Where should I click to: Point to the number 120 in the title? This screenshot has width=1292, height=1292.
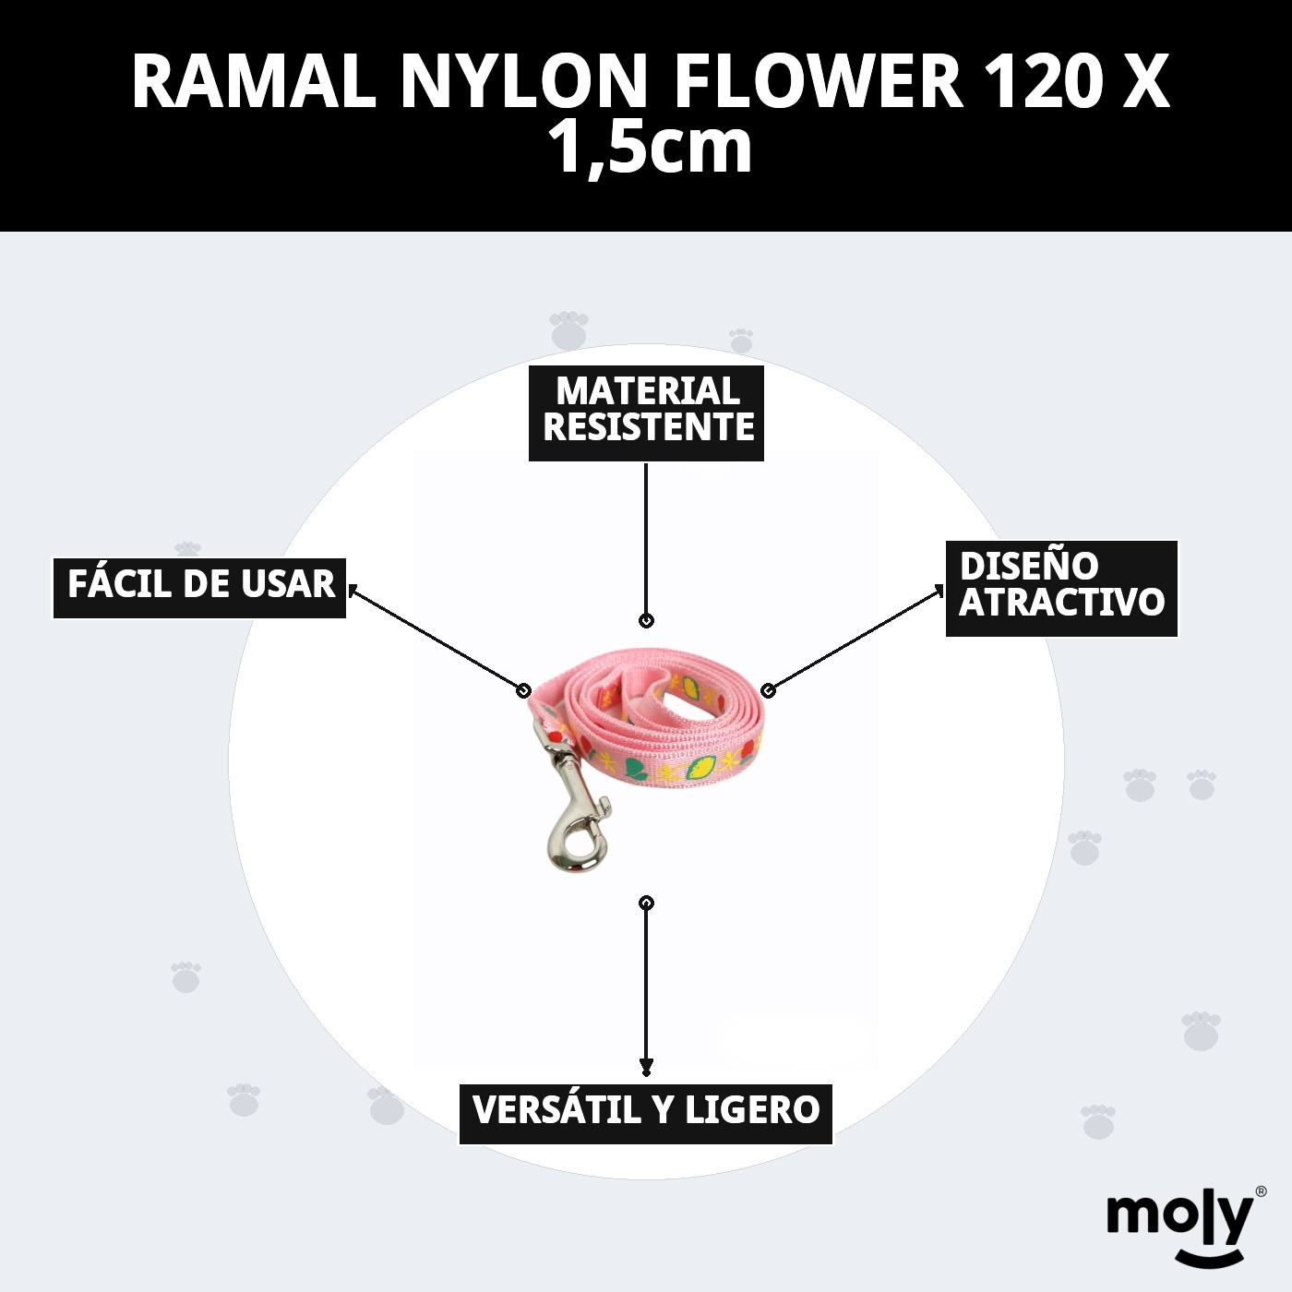[x=1043, y=83]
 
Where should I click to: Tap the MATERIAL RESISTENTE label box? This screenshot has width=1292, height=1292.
[x=646, y=413]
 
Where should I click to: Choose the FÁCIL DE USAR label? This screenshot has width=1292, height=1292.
[x=200, y=587]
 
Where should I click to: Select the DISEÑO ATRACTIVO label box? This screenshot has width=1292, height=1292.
[x=1061, y=588]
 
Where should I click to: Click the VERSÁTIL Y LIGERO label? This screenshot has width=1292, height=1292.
[x=646, y=1113]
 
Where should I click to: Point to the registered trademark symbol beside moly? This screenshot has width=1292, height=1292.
[x=1261, y=1192]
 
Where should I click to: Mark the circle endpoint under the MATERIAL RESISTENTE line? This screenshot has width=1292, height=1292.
[x=646, y=621]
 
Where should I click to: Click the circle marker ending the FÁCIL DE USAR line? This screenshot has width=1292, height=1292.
[x=524, y=690]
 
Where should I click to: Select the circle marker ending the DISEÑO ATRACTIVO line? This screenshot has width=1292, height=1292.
[x=768, y=690]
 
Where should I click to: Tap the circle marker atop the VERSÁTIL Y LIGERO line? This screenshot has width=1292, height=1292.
[x=646, y=903]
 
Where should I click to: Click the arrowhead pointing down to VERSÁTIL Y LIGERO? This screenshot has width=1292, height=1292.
[x=646, y=1068]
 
